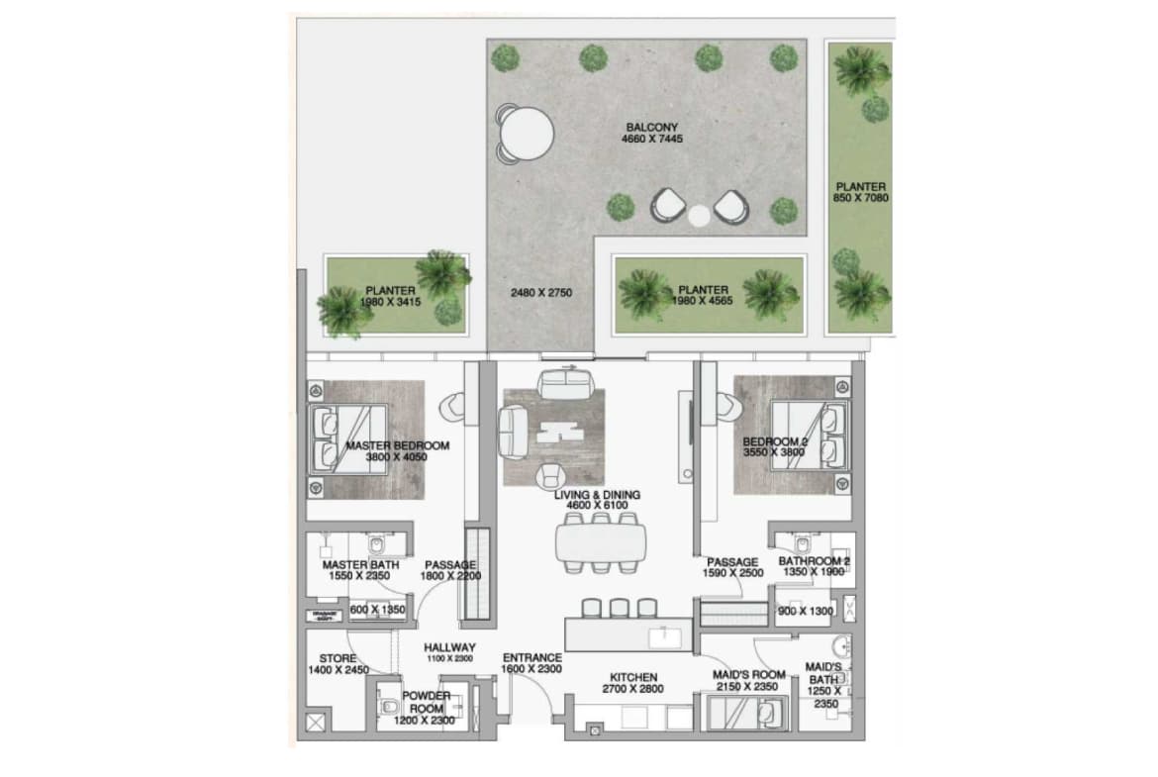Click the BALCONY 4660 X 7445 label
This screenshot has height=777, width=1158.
[x=653, y=133]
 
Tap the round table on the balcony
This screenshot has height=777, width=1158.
[x=526, y=133]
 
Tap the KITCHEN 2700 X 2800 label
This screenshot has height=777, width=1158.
[x=634, y=683]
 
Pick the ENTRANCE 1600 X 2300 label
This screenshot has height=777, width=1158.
[x=531, y=663]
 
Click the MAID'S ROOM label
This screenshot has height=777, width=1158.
[x=748, y=680]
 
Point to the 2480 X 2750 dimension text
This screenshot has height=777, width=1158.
[x=541, y=293]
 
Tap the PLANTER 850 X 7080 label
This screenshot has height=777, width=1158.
[x=860, y=192]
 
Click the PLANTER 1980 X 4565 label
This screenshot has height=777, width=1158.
[x=705, y=295]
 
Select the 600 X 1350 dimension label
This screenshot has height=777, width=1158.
[x=377, y=611]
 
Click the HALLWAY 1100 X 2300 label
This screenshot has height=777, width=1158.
[x=450, y=652]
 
